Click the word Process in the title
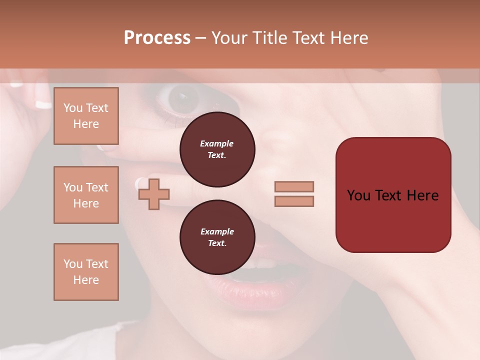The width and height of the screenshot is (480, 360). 157,38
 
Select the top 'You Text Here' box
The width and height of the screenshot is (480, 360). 86,116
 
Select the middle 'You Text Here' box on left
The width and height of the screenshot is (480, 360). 86,195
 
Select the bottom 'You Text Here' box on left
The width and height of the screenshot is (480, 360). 86,272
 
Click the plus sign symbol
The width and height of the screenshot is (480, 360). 154,194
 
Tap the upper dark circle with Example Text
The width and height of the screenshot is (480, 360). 217,149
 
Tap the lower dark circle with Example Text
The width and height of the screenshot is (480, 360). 217,237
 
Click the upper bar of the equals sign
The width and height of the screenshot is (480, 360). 294,186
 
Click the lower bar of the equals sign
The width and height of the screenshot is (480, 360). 294,201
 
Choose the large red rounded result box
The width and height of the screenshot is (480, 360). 393,195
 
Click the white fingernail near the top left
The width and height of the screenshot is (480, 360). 43,104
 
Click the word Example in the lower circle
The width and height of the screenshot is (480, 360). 217,231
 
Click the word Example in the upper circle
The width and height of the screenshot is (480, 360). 217,143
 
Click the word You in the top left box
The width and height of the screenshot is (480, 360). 72,108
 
